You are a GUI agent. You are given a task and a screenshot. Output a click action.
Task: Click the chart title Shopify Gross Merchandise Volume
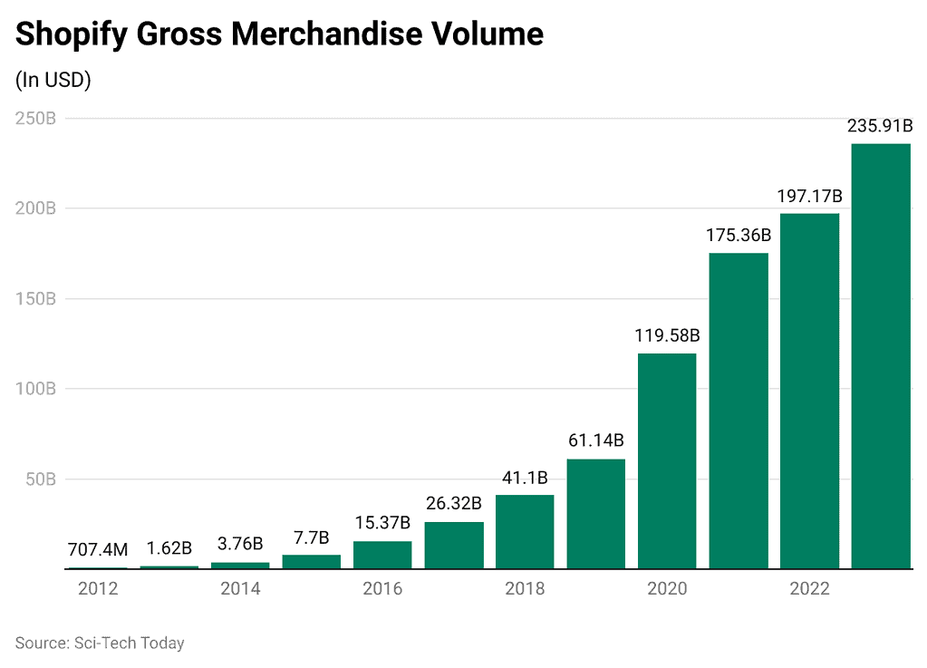[x=279, y=34]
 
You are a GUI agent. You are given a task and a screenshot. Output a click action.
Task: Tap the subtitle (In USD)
[x=53, y=80]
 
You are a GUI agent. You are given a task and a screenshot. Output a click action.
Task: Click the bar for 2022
[x=809, y=392]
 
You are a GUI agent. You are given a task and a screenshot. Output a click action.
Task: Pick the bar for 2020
[x=667, y=461]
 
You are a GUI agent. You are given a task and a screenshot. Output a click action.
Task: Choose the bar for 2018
[x=525, y=532]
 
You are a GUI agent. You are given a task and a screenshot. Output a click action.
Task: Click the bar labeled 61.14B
[x=596, y=514]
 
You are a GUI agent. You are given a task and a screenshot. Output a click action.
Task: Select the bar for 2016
[x=382, y=555]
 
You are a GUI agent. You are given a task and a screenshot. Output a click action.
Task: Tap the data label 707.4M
[x=98, y=549]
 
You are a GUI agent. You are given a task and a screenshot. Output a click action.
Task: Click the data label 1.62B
[x=169, y=547]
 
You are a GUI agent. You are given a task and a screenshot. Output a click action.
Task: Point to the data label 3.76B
[x=240, y=544]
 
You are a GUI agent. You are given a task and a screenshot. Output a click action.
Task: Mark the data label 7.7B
[x=311, y=537]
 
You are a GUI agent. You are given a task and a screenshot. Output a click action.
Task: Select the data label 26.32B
[x=453, y=503]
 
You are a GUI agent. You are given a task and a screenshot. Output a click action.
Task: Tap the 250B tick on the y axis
[x=36, y=119]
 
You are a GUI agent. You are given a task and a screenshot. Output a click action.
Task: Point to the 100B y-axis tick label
[x=36, y=389]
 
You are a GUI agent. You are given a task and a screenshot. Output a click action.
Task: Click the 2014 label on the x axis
[x=240, y=589]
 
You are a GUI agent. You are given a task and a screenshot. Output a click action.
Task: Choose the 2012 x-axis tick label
[x=98, y=589]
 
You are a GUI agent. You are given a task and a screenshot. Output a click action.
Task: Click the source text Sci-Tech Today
[x=127, y=643]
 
